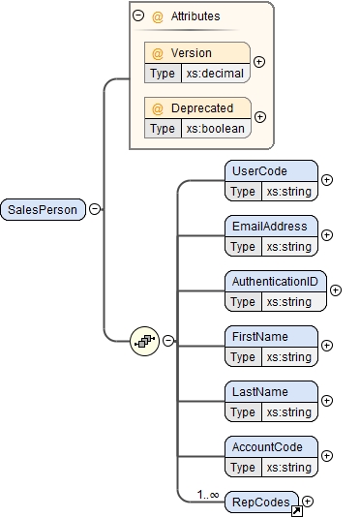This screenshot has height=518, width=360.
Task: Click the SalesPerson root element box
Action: (x=45, y=208)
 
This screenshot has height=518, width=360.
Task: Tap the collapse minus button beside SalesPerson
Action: (x=94, y=208)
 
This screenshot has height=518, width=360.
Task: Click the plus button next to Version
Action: (x=258, y=62)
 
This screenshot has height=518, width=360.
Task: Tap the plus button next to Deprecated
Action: (x=258, y=117)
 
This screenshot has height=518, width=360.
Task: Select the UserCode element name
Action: (x=259, y=171)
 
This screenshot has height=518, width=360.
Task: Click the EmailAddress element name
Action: (x=269, y=227)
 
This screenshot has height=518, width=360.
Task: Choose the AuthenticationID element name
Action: (x=275, y=282)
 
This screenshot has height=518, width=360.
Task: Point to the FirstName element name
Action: (x=259, y=337)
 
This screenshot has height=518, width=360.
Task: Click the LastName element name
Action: (x=259, y=392)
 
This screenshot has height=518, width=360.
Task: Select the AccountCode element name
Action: (x=266, y=447)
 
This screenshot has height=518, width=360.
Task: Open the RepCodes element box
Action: (x=258, y=502)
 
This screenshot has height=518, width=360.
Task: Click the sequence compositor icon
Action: (x=144, y=340)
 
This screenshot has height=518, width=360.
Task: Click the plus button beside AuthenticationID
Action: (x=336, y=289)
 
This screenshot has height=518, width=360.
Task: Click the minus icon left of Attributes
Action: (x=138, y=16)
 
